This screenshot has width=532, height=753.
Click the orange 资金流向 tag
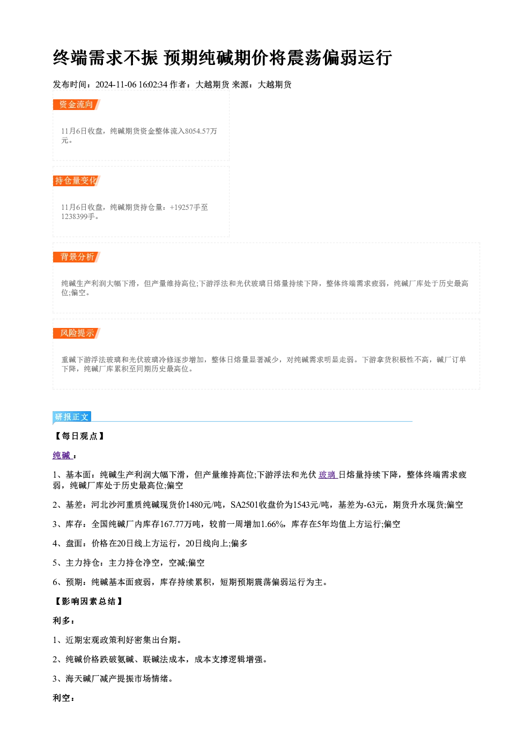[x=77, y=105]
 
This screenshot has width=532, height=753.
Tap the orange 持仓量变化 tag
[x=77, y=181]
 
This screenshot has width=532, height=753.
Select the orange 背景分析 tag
[x=77, y=257]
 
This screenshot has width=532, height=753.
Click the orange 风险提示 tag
[x=77, y=333]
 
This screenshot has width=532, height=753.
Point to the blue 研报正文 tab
[x=72, y=417]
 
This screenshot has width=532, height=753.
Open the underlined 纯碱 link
[x=62, y=456]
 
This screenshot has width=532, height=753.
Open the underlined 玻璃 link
[x=327, y=475]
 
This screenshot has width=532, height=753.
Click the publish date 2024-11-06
[x=116, y=85]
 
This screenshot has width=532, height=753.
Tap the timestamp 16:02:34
[x=153, y=85]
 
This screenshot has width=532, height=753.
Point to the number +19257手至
[x=189, y=207]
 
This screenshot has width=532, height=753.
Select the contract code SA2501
[x=245, y=505]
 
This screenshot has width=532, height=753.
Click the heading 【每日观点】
[x=79, y=436]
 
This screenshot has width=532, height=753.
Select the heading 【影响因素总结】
[x=88, y=602]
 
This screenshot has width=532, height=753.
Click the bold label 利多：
[x=63, y=621]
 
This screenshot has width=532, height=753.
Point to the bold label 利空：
[x=63, y=698]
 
